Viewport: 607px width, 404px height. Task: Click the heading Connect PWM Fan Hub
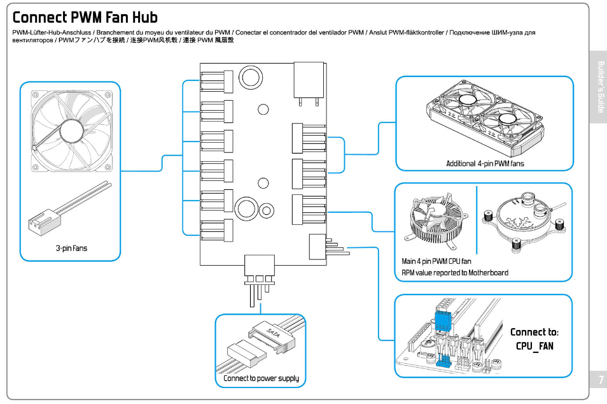click(x=85, y=17)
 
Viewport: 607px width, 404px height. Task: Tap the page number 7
click(x=599, y=380)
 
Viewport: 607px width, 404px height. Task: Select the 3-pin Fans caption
click(x=71, y=248)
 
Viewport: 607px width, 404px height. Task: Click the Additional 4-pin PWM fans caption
click(x=485, y=164)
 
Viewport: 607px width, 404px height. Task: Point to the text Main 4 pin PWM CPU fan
click(x=436, y=261)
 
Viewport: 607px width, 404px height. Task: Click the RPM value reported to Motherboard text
click(x=455, y=273)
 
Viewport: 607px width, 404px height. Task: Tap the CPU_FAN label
click(x=534, y=346)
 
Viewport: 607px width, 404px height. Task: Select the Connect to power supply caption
click(x=261, y=379)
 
